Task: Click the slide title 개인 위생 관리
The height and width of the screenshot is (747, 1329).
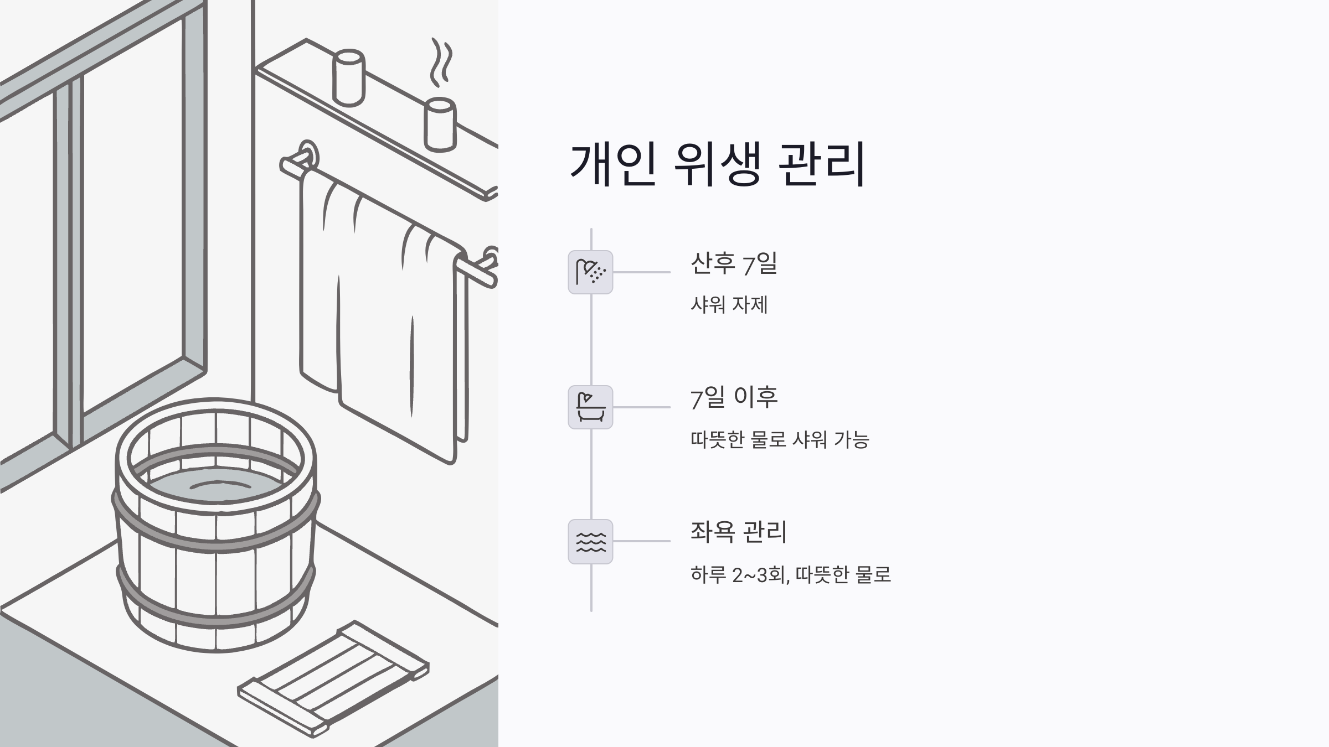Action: [x=718, y=164]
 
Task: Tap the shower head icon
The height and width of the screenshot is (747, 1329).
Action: [x=590, y=272]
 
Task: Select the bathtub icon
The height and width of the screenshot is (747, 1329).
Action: [x=590, y=407]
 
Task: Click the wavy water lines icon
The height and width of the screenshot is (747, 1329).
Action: [x=590, y=542]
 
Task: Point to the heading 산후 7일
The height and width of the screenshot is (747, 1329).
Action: [x=734, y=263]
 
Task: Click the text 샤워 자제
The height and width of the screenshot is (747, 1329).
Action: [x=729, y=305]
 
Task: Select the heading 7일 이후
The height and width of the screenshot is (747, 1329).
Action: [x=734, y=398]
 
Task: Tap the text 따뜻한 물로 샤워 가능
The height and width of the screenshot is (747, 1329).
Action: [x=780, y=440]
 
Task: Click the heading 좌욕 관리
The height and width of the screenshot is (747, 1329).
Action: [x=738, y=532]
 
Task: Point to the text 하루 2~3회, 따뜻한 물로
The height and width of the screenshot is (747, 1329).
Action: [x=790, y=575]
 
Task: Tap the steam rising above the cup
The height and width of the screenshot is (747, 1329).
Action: [x=441, y=62]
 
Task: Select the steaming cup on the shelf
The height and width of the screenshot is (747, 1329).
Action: [x=440, y=124]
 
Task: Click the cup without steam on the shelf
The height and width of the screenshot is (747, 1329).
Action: [x=348, y=77]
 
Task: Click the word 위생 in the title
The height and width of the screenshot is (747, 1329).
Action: [x=717, y=164]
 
